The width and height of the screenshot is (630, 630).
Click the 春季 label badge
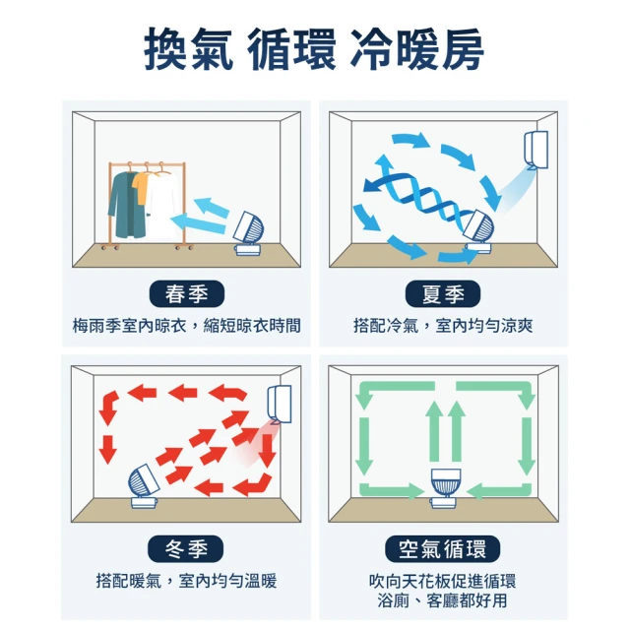tap(187, 293)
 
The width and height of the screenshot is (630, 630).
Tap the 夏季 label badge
tap(443, 293)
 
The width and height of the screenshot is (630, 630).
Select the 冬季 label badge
tap(186, 548)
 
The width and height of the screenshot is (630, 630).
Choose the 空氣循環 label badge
tap(442, 548)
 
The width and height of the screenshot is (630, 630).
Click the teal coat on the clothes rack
tap(125, 204)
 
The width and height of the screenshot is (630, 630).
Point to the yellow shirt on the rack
tap(141, 187)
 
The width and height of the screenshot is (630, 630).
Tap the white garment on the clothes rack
tap(162, 205)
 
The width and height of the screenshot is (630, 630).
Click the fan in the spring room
tap(248, 234)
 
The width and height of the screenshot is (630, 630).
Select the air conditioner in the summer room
tap(535, 150)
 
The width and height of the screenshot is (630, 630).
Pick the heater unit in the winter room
tap(280, 405)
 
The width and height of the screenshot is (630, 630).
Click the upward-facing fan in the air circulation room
tap(445, 488)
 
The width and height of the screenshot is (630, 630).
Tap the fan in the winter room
tap(145, 486)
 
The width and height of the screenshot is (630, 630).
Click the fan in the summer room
tap(479, 231)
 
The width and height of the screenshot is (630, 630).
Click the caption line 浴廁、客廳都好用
tap(442, 600)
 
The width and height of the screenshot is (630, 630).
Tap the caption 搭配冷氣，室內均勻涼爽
tap(443, 326)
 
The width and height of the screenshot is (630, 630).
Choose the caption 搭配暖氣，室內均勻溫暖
tap(186, 581)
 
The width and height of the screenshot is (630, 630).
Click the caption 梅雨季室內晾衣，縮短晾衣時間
tap(187, 326)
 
